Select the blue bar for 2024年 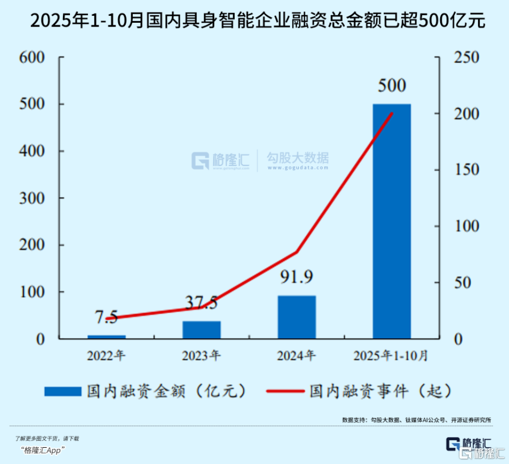coord(297,317)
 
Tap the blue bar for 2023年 coord(202,330)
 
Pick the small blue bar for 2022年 coord(107,337)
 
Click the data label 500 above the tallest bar coord(391,86)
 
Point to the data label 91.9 coord(297,278)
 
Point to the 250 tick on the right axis coord(467,57)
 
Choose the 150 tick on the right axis coord(467,170)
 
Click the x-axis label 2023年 coord(202,356)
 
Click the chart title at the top coord(254,21)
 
